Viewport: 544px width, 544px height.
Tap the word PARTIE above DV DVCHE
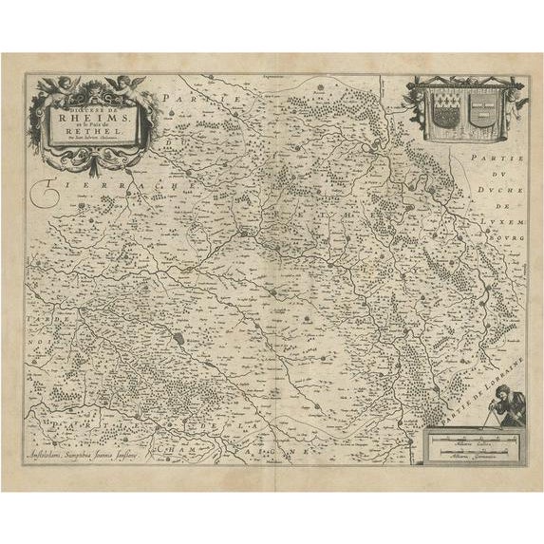click(490, 161)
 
